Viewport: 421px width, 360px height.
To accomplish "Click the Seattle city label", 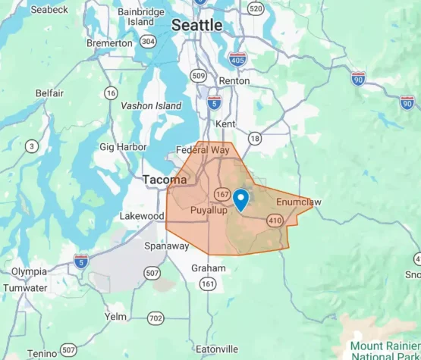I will [197, 25].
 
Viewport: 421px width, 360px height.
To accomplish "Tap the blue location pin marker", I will [241, 199].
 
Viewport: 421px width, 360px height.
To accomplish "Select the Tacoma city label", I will [164, 180].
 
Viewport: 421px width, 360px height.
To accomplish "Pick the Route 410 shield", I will [275, 220].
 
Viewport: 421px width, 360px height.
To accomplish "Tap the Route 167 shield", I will [223, 194].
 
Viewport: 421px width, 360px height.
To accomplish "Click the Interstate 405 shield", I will [237, 58].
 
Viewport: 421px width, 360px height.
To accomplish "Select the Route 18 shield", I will [255, 138].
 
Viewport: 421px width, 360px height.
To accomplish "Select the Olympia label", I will [28, 271].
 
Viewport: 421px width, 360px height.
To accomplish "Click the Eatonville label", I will [215, 349].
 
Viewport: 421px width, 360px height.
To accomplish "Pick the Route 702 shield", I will [156, 318].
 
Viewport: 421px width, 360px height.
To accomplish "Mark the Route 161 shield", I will [207, 283].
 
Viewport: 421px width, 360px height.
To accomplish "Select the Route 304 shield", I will [148, 42].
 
